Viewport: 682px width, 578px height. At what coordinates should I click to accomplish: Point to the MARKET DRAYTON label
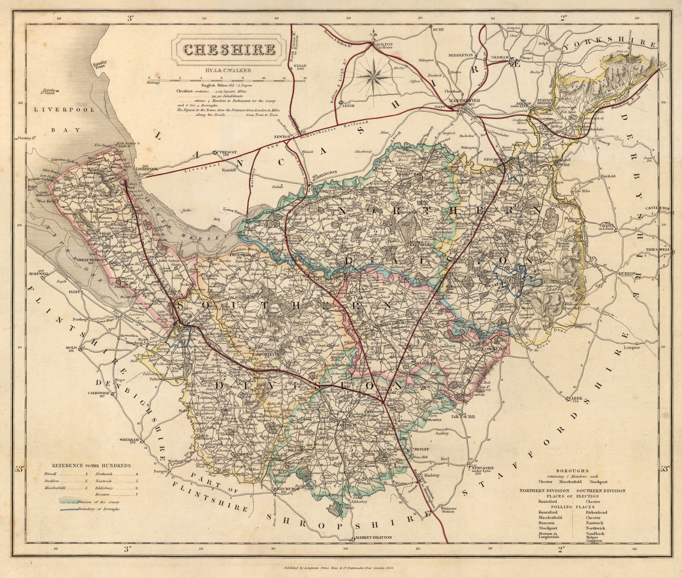pyautogui.click(x=373, y=538)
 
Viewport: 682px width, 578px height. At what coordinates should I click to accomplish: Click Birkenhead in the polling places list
pyautogui.click(x=596, y=512)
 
